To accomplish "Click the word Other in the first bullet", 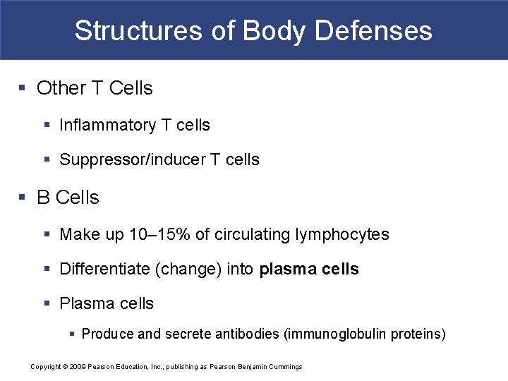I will point(61,88).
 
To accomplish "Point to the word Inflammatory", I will point(107,126).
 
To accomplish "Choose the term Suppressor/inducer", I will point(132,160).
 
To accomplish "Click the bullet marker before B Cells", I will point(23,198).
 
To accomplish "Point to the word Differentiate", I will point(103,269).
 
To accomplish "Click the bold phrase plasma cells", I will point(309,269).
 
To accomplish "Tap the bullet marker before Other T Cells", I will point(23,88).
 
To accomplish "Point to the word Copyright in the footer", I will point(45,367).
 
